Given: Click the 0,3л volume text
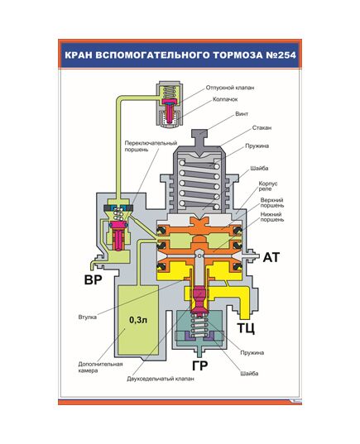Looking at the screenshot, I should click(x=138, y=319).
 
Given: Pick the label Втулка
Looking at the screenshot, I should click(x=89, y=316).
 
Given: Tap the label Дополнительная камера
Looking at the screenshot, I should click(x=102, y=366).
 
